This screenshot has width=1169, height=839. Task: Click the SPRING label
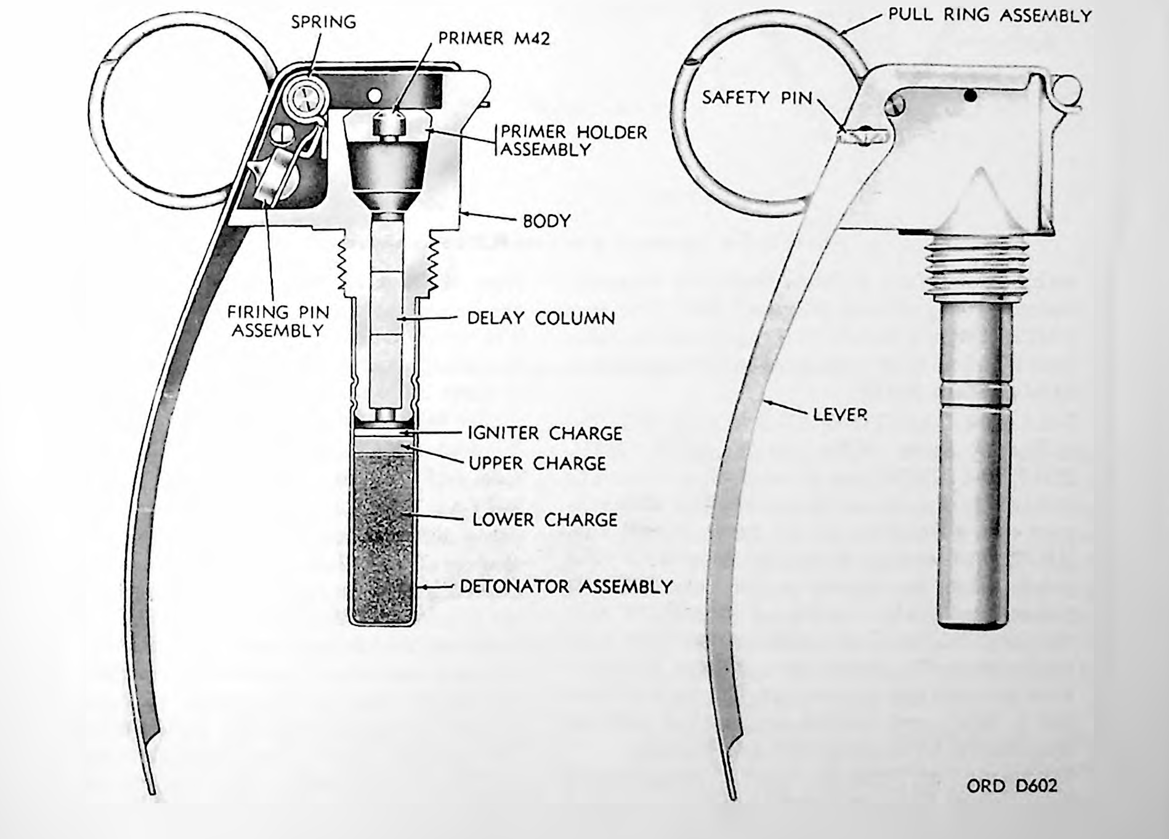(x=323, y=22)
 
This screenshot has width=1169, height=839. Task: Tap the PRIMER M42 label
(x=494, y=39)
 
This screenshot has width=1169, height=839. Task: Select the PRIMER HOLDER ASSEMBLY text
(x=573, y=141)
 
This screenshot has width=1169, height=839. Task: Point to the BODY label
(x=546, y=221)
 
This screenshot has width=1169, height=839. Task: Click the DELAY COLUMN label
(x=541, y=318)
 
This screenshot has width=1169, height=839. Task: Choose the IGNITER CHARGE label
(x=545, y=433)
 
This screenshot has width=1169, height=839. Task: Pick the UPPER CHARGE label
(x=537, y=463)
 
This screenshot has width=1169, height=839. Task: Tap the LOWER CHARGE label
(x=544, y=520)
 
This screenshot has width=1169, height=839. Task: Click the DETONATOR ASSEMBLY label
(x=566, y=586)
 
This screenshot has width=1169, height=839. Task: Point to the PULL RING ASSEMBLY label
(x=990, y=15)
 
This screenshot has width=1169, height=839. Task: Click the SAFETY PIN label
(x=757, y=97)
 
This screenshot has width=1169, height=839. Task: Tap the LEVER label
(x=839, y=414)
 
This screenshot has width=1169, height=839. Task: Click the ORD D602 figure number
(x=1011, y=785)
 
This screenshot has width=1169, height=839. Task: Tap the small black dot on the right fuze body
(x=971, y=95)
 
